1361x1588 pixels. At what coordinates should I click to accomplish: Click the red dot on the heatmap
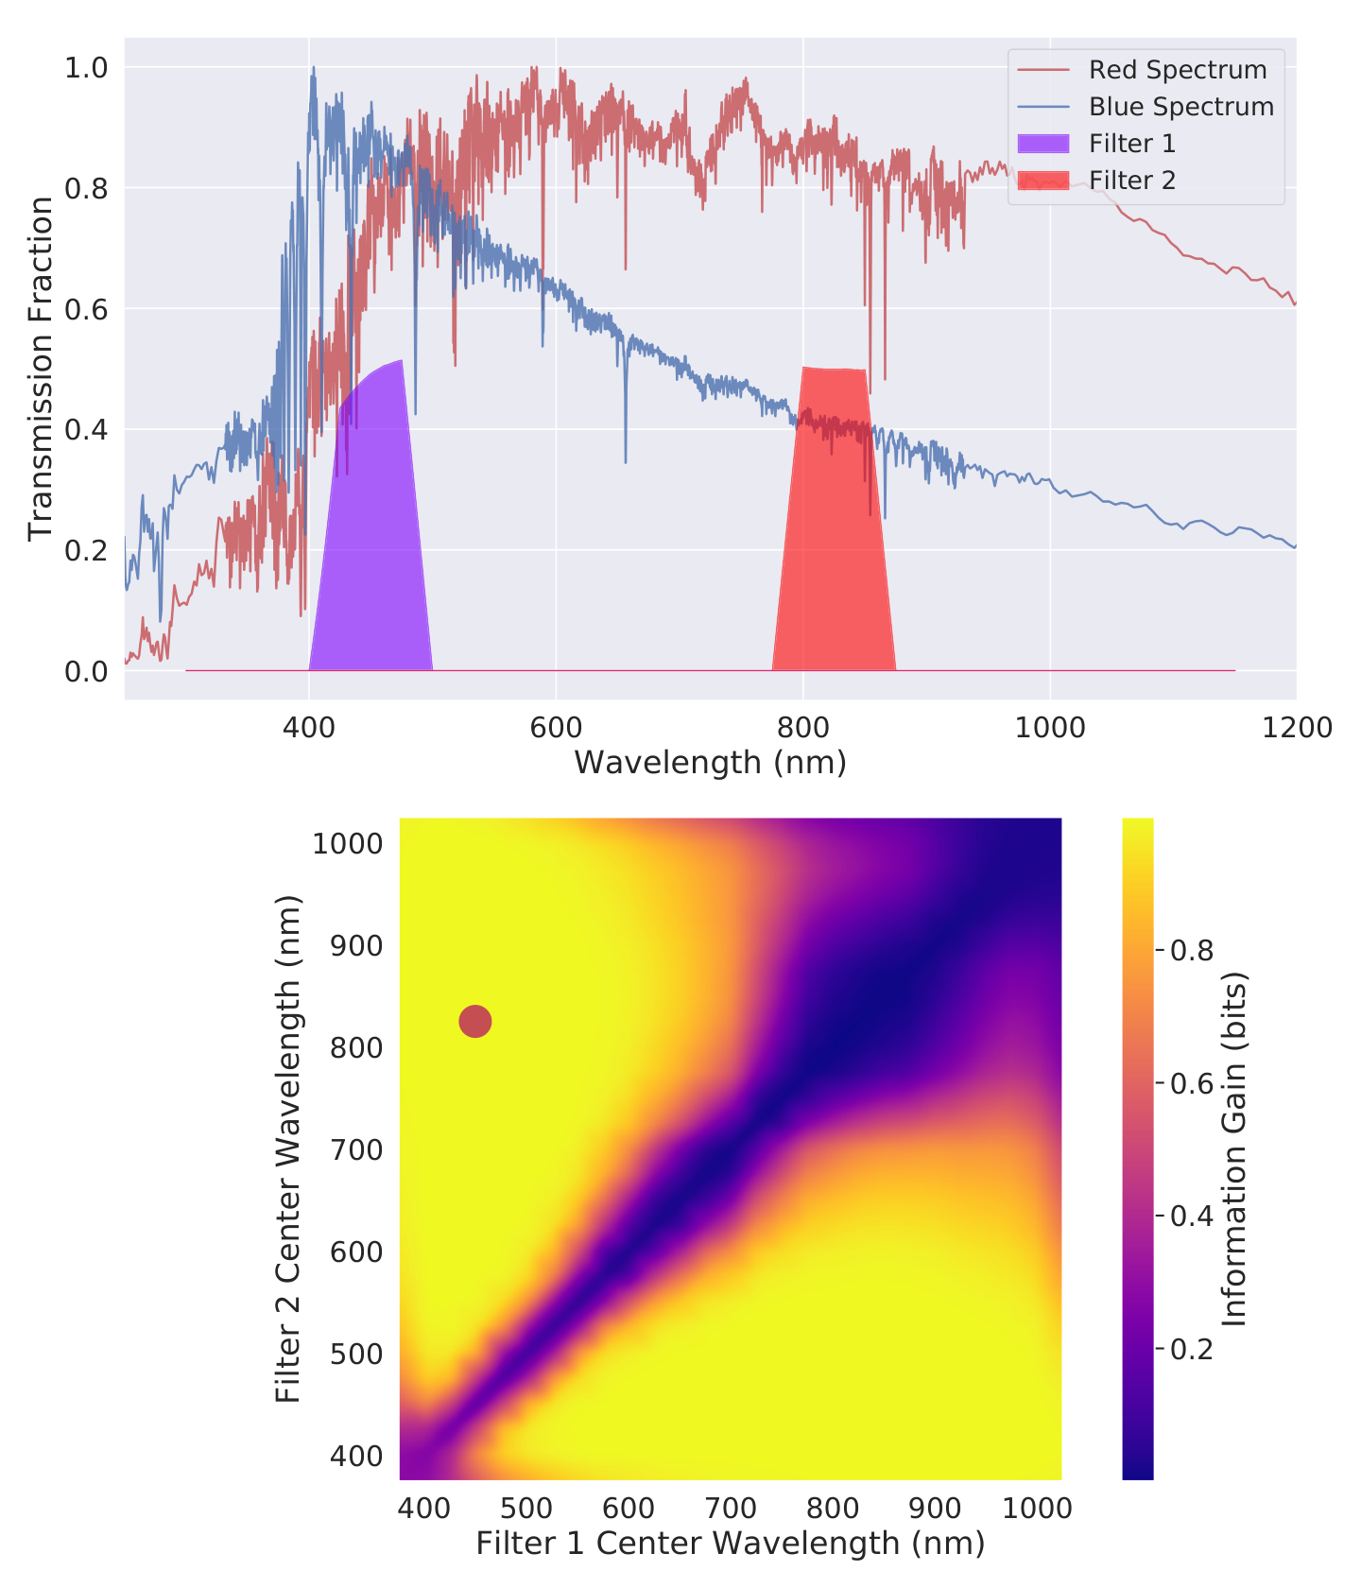pyautogui.click(x=474, y=1022)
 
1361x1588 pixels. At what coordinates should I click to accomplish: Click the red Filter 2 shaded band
pyautogui.click(x=834, y=529)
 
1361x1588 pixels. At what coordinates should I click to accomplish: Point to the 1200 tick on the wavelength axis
pyautogui.click(x=1296, y=727)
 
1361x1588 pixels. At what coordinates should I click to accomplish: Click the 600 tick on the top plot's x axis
pyautogui.click(x=556, y=727)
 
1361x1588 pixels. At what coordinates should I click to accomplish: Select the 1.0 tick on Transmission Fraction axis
pyautogui.click(x=86, y=67)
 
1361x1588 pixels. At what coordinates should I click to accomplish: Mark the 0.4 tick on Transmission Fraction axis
pyautogui.click(x=86, y=430)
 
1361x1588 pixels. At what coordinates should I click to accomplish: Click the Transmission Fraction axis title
pyautogui.click(x=40, y=369)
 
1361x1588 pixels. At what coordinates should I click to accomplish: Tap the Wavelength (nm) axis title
pyautogui.click(x=710, y=762)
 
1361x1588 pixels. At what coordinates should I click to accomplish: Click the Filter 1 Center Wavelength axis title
pyautogui.click(x=731, y=1544)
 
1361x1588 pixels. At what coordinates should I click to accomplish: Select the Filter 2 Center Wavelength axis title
pyautogui.click(x=287, y=1148)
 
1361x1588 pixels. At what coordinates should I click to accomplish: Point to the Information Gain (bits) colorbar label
pyautogui.click(x=1234, y=1148)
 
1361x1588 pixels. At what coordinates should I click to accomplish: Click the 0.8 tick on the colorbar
pyautogui.click(x=1191, y=950)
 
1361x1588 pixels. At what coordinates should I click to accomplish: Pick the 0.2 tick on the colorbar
pyautogui.click(x=1191, y=1349)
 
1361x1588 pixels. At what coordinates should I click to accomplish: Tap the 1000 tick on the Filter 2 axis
pyautogui.click(x=348, y=843)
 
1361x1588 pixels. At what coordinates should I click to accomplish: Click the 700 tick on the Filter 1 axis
pyautogui.click(x=731, y=1508)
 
